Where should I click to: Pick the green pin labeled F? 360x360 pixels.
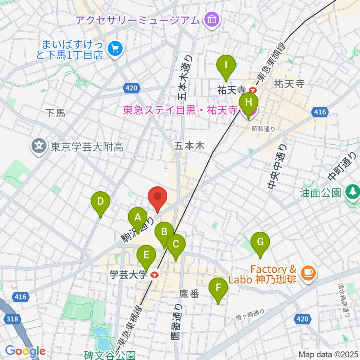click(219, 289)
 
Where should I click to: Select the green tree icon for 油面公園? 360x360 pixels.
click(352, 192)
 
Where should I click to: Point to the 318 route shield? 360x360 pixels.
click(12, 319)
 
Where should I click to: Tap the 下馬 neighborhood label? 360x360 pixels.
click(55, 113)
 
